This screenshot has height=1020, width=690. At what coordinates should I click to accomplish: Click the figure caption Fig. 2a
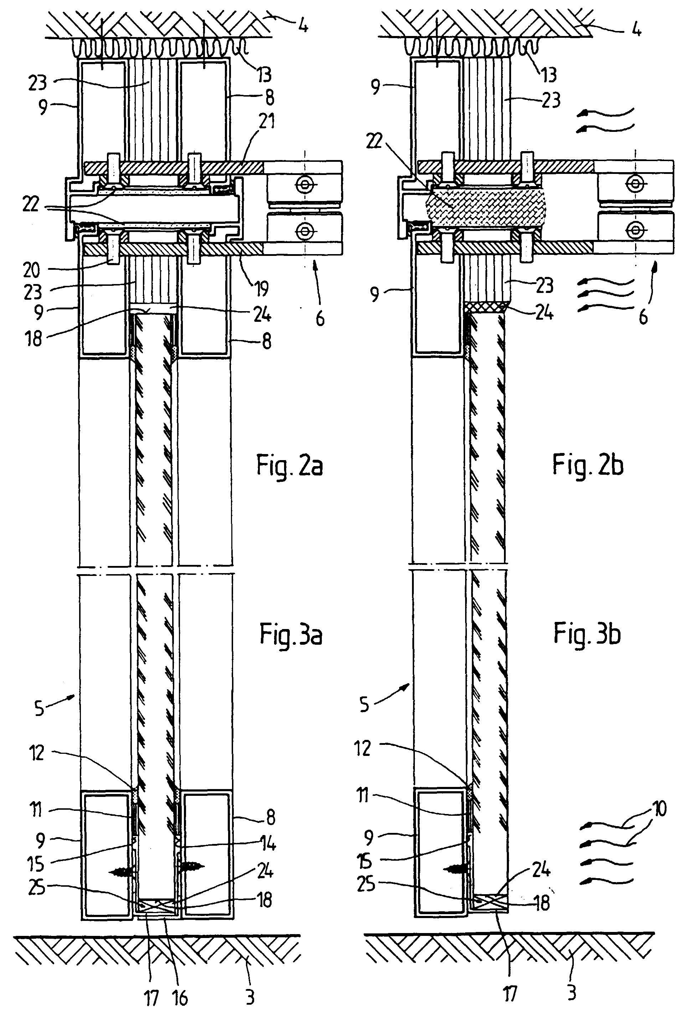[290, 466]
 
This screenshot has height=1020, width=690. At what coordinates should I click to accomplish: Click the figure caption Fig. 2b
[588, 465]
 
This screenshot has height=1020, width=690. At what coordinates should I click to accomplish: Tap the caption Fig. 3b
[587, 634]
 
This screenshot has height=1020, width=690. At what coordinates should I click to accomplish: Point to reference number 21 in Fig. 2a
[266, 121]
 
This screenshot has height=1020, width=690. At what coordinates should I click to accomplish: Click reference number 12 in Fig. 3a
[36, 753]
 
